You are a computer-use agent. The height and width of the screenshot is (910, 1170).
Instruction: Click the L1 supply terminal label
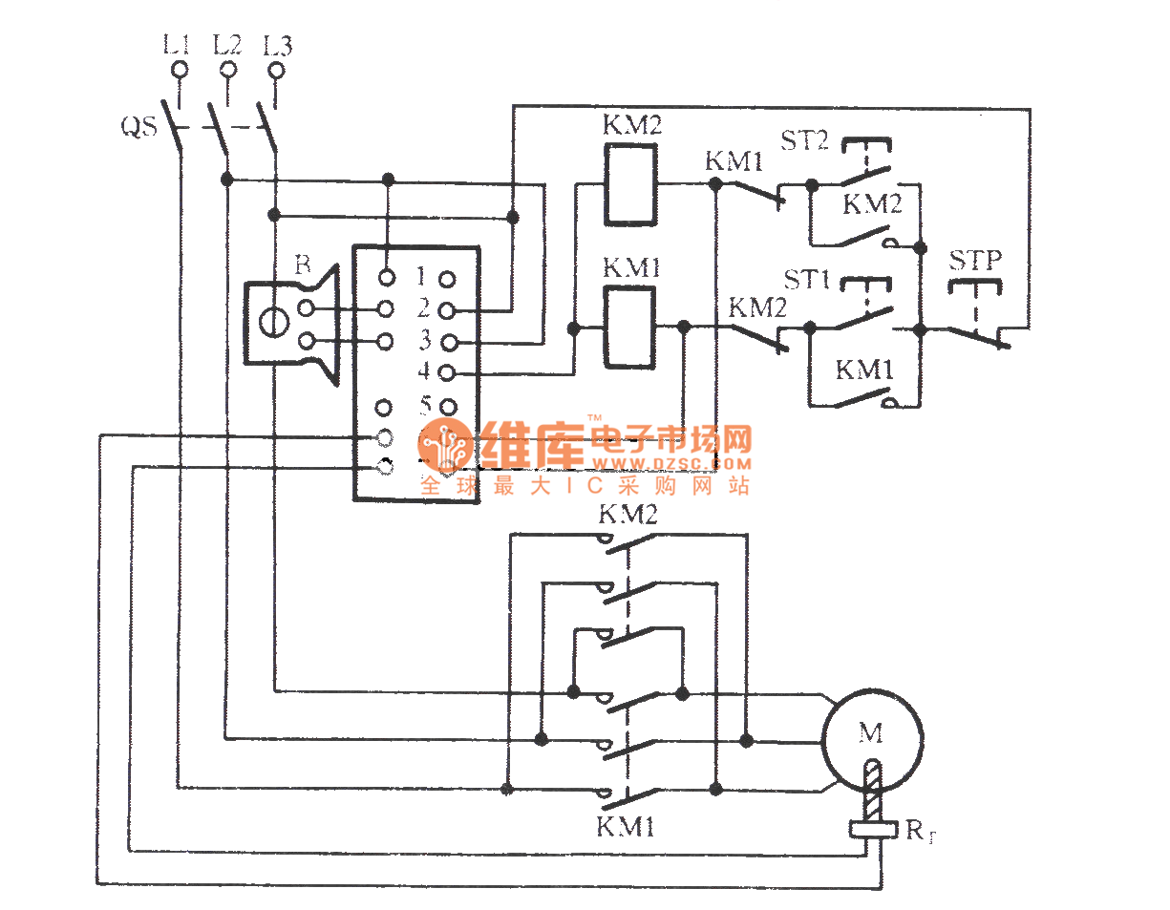click(x=178, y=44)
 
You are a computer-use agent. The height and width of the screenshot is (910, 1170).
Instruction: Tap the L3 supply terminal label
click(x=277, y=44)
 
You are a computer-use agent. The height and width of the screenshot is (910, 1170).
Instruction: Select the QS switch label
click(x=138, y=125)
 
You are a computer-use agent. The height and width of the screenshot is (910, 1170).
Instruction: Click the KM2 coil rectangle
click(x=629, y=184)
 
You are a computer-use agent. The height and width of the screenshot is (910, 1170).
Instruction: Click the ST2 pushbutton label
click(x=806, y=142)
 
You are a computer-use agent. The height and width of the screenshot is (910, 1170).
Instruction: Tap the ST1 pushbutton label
click(x=806, y=281)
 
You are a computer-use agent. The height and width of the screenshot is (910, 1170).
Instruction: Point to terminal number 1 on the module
click(x=422, y=278)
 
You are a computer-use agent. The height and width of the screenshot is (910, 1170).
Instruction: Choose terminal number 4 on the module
click(x=422, y=371)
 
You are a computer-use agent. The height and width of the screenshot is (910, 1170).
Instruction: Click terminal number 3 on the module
click(x=422, y=340)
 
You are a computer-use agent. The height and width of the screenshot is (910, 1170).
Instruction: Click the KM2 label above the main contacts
click(x=628, y=516)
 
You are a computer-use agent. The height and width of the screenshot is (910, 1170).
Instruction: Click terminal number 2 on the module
click(x=422, y=308)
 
